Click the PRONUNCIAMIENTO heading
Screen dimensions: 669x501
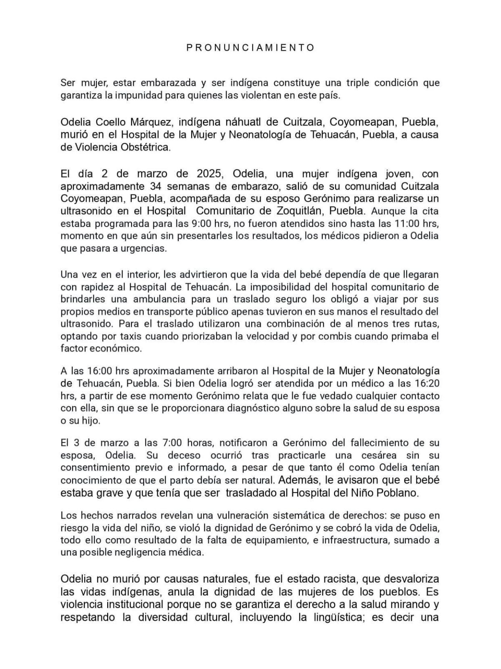tap(250, 48)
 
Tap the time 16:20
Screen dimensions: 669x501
tap(426, 383)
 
